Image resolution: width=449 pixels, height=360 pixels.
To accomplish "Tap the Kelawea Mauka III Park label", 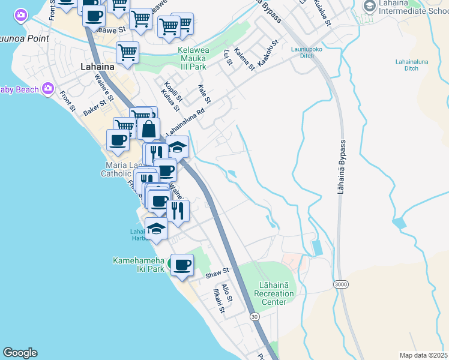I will click(193, 58).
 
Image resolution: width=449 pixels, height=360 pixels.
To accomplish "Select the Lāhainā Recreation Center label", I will click(274, 289).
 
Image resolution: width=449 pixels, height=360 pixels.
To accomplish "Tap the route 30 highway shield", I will click(254, 316).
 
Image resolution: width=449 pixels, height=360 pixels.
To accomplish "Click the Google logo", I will click(20, 353).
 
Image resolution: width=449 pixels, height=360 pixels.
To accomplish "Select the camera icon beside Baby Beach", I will click(48, 89).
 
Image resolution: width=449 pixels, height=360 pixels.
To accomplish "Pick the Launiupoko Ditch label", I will click(311, 53).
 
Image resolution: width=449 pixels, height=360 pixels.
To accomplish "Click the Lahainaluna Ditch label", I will click(411, 65).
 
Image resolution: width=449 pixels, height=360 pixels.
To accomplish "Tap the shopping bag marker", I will click(148, 128).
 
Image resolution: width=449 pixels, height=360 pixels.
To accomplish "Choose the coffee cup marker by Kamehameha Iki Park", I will click(182, 265).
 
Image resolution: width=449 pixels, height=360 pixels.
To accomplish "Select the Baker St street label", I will click(94, 108).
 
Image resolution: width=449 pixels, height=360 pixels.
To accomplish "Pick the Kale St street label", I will click(203, 93).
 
